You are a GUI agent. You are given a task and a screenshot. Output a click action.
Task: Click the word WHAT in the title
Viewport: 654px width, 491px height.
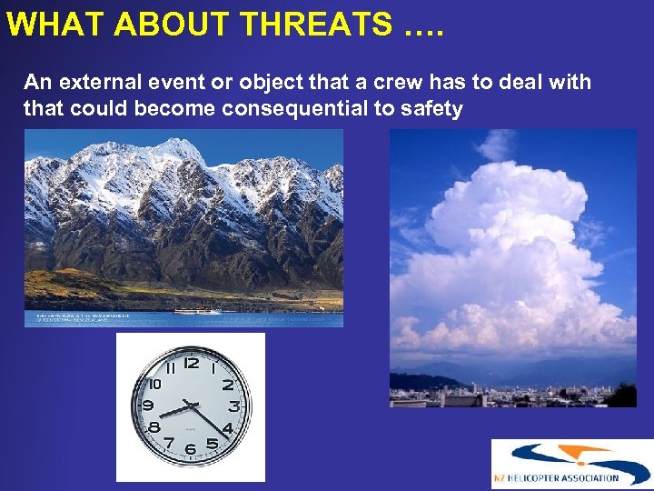(47, 25)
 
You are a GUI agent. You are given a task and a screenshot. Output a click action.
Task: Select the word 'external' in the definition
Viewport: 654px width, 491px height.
(99, 83)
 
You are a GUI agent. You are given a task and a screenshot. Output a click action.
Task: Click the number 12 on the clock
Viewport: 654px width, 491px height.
(192, 364)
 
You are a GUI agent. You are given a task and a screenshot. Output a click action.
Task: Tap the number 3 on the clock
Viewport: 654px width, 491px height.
(233, 406)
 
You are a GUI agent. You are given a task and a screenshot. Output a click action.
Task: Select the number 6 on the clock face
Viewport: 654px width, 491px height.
(191, 449)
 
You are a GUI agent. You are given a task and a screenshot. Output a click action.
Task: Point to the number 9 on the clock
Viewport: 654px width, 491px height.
(148, 406)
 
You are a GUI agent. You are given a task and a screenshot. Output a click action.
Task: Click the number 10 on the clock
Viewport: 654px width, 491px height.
(154, 384)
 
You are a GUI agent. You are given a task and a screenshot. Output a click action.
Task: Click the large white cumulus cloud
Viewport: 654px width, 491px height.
(509, 245)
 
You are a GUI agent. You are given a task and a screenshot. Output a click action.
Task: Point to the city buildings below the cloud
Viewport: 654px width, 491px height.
(509, 396)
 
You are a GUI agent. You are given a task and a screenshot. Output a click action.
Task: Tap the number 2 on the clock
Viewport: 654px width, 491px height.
(227, 385)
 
